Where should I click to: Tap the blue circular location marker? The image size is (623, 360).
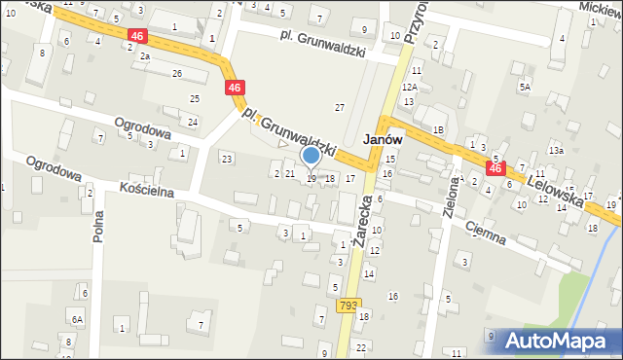pos(311,156)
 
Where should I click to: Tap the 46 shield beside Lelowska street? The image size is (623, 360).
pos(495,169)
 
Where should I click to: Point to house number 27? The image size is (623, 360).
pos(340,106)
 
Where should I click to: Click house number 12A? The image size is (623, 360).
pos(411,87)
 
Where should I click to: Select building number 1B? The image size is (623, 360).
pos(438,129)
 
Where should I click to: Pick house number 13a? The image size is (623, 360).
pos(556,151)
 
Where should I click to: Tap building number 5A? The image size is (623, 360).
pos(525,87)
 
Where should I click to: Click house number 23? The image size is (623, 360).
pos(227,158)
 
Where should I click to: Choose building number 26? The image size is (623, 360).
pos(177,73)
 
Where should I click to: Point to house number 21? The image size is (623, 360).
pos(289,173)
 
